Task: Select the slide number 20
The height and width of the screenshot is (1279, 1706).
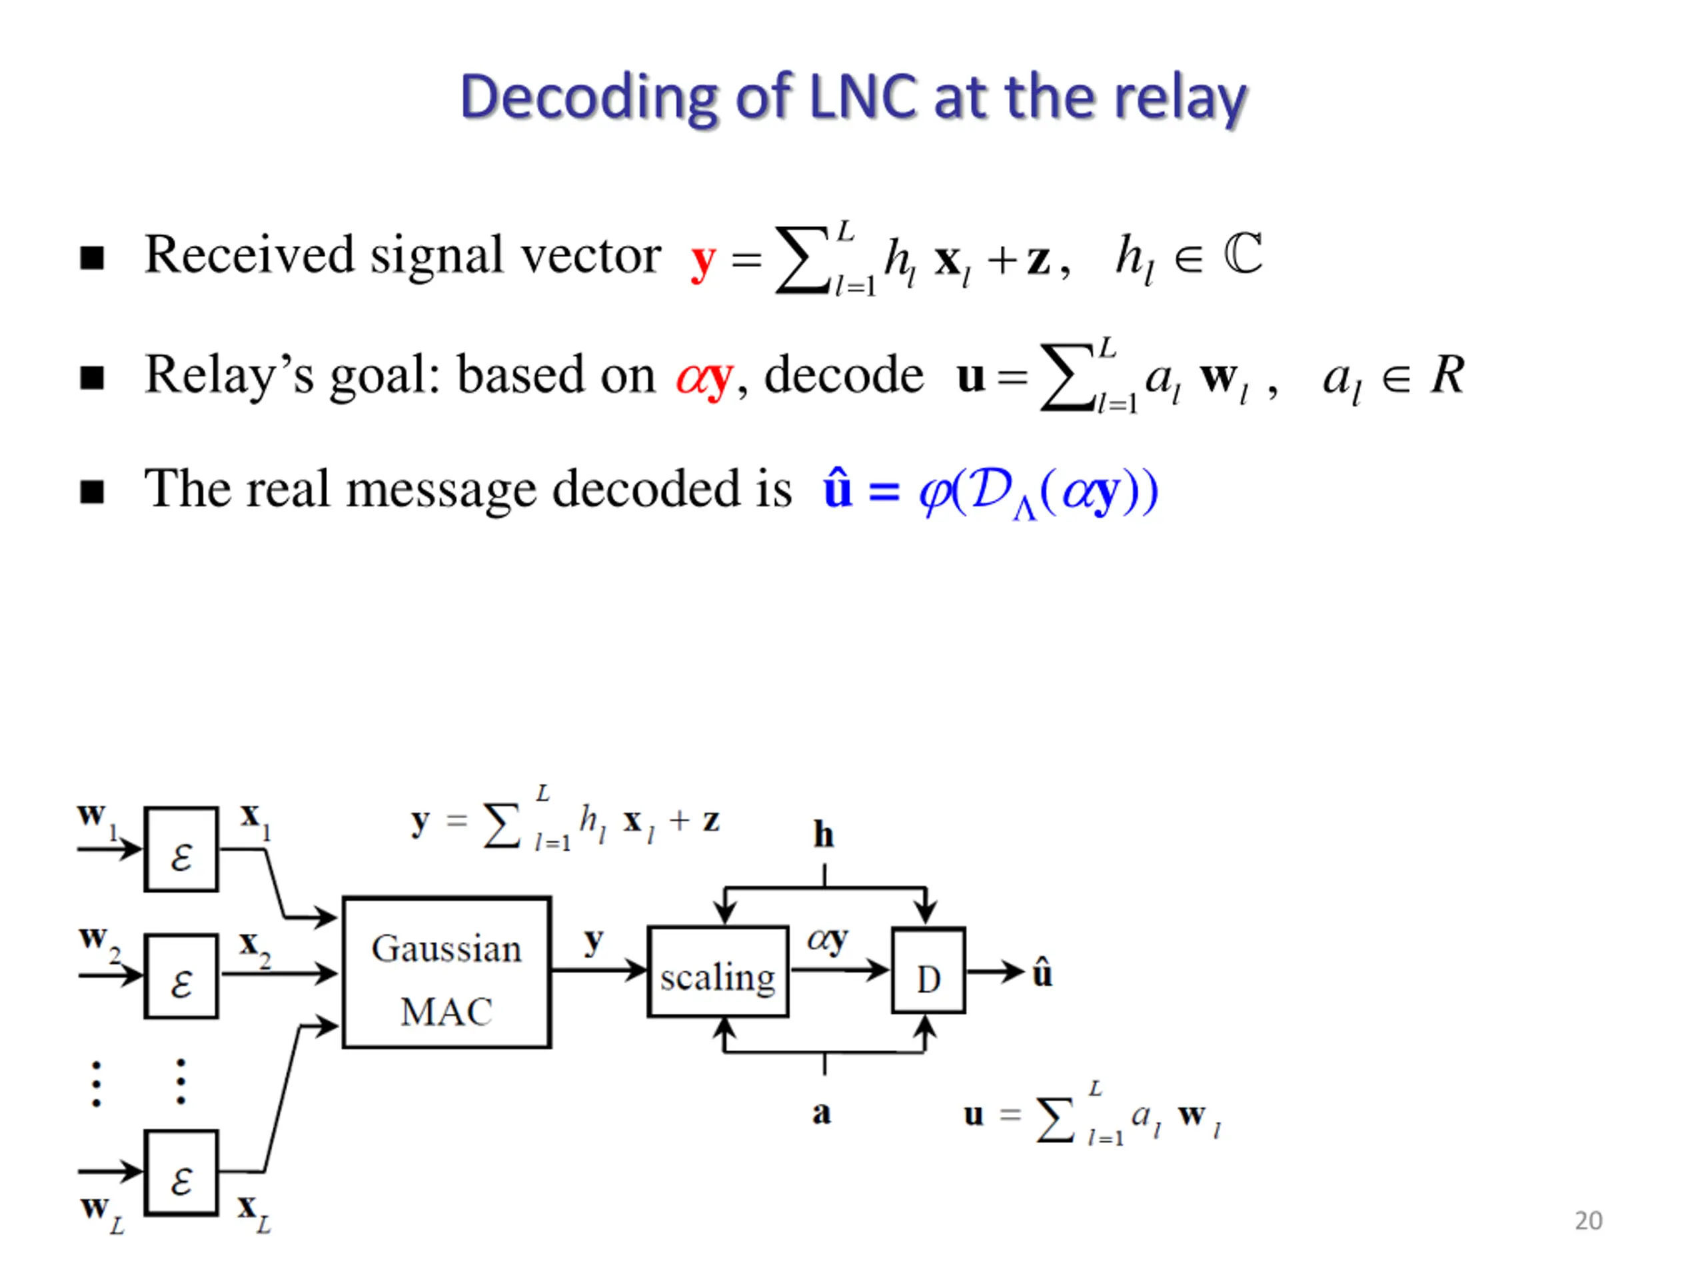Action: (1588, 1220)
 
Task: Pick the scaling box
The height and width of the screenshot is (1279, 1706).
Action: (718, 971)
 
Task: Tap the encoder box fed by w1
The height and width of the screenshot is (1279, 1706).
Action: (181, 849)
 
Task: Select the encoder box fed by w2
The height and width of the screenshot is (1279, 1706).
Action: (181, 976)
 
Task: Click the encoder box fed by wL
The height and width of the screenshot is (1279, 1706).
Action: (181, 1172)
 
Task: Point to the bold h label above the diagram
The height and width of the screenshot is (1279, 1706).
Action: (824, 834)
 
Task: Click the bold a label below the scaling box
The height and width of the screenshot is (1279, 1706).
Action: (822, 1113)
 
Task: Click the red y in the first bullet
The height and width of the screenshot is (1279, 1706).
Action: (703, 262)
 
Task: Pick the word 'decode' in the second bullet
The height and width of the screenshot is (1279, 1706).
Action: (844, 374)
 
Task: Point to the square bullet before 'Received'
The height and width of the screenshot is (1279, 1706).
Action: (92, 258)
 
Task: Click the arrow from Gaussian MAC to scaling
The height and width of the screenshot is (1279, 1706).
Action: (599, 969)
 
